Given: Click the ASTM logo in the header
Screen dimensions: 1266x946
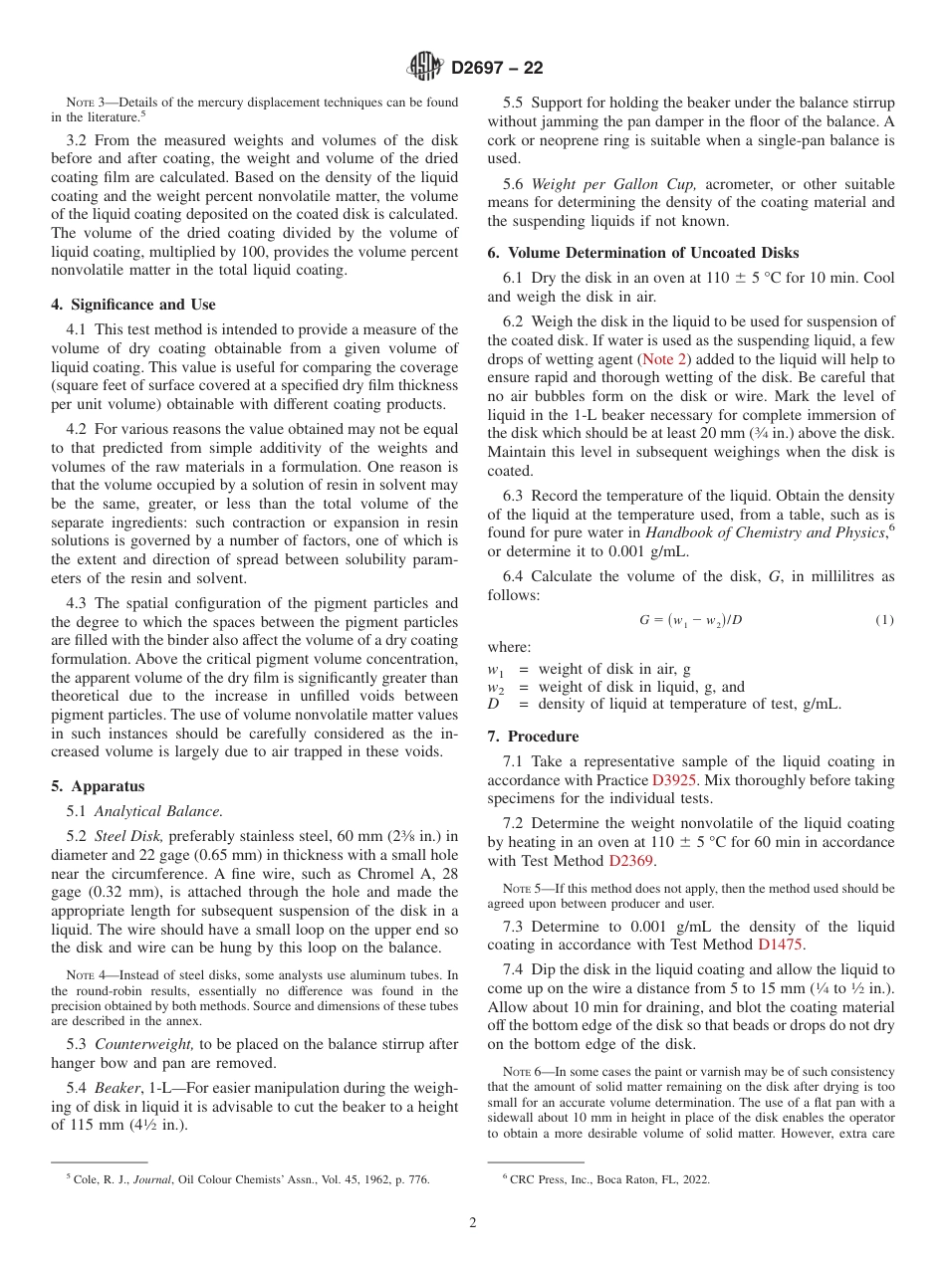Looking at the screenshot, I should click(425, 68).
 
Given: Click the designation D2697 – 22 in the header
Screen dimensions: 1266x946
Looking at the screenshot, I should click(497, 69).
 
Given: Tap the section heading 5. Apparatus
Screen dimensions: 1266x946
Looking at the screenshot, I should click(98, 786).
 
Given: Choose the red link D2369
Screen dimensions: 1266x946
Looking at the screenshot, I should click(631, 861).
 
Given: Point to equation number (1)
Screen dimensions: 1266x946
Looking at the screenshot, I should click(884, 620).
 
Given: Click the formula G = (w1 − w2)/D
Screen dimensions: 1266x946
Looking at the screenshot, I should click(690, 620).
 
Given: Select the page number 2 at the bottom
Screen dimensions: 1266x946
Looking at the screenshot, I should click(473, 1223).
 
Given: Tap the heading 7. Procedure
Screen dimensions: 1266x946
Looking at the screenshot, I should click(533, 737).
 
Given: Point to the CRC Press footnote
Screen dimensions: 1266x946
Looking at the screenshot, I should click(607, 1180).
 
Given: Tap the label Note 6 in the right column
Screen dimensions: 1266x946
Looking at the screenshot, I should click(521, 1072).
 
